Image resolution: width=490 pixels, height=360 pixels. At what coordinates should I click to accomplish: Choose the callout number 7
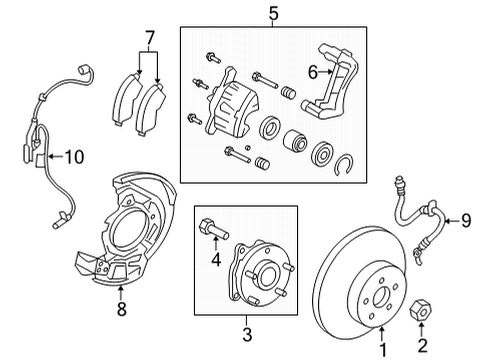click(150, 39)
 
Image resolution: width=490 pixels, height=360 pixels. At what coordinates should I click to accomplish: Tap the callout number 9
click(466, 221)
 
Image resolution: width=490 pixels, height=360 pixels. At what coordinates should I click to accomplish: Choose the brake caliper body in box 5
click(232, 105)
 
